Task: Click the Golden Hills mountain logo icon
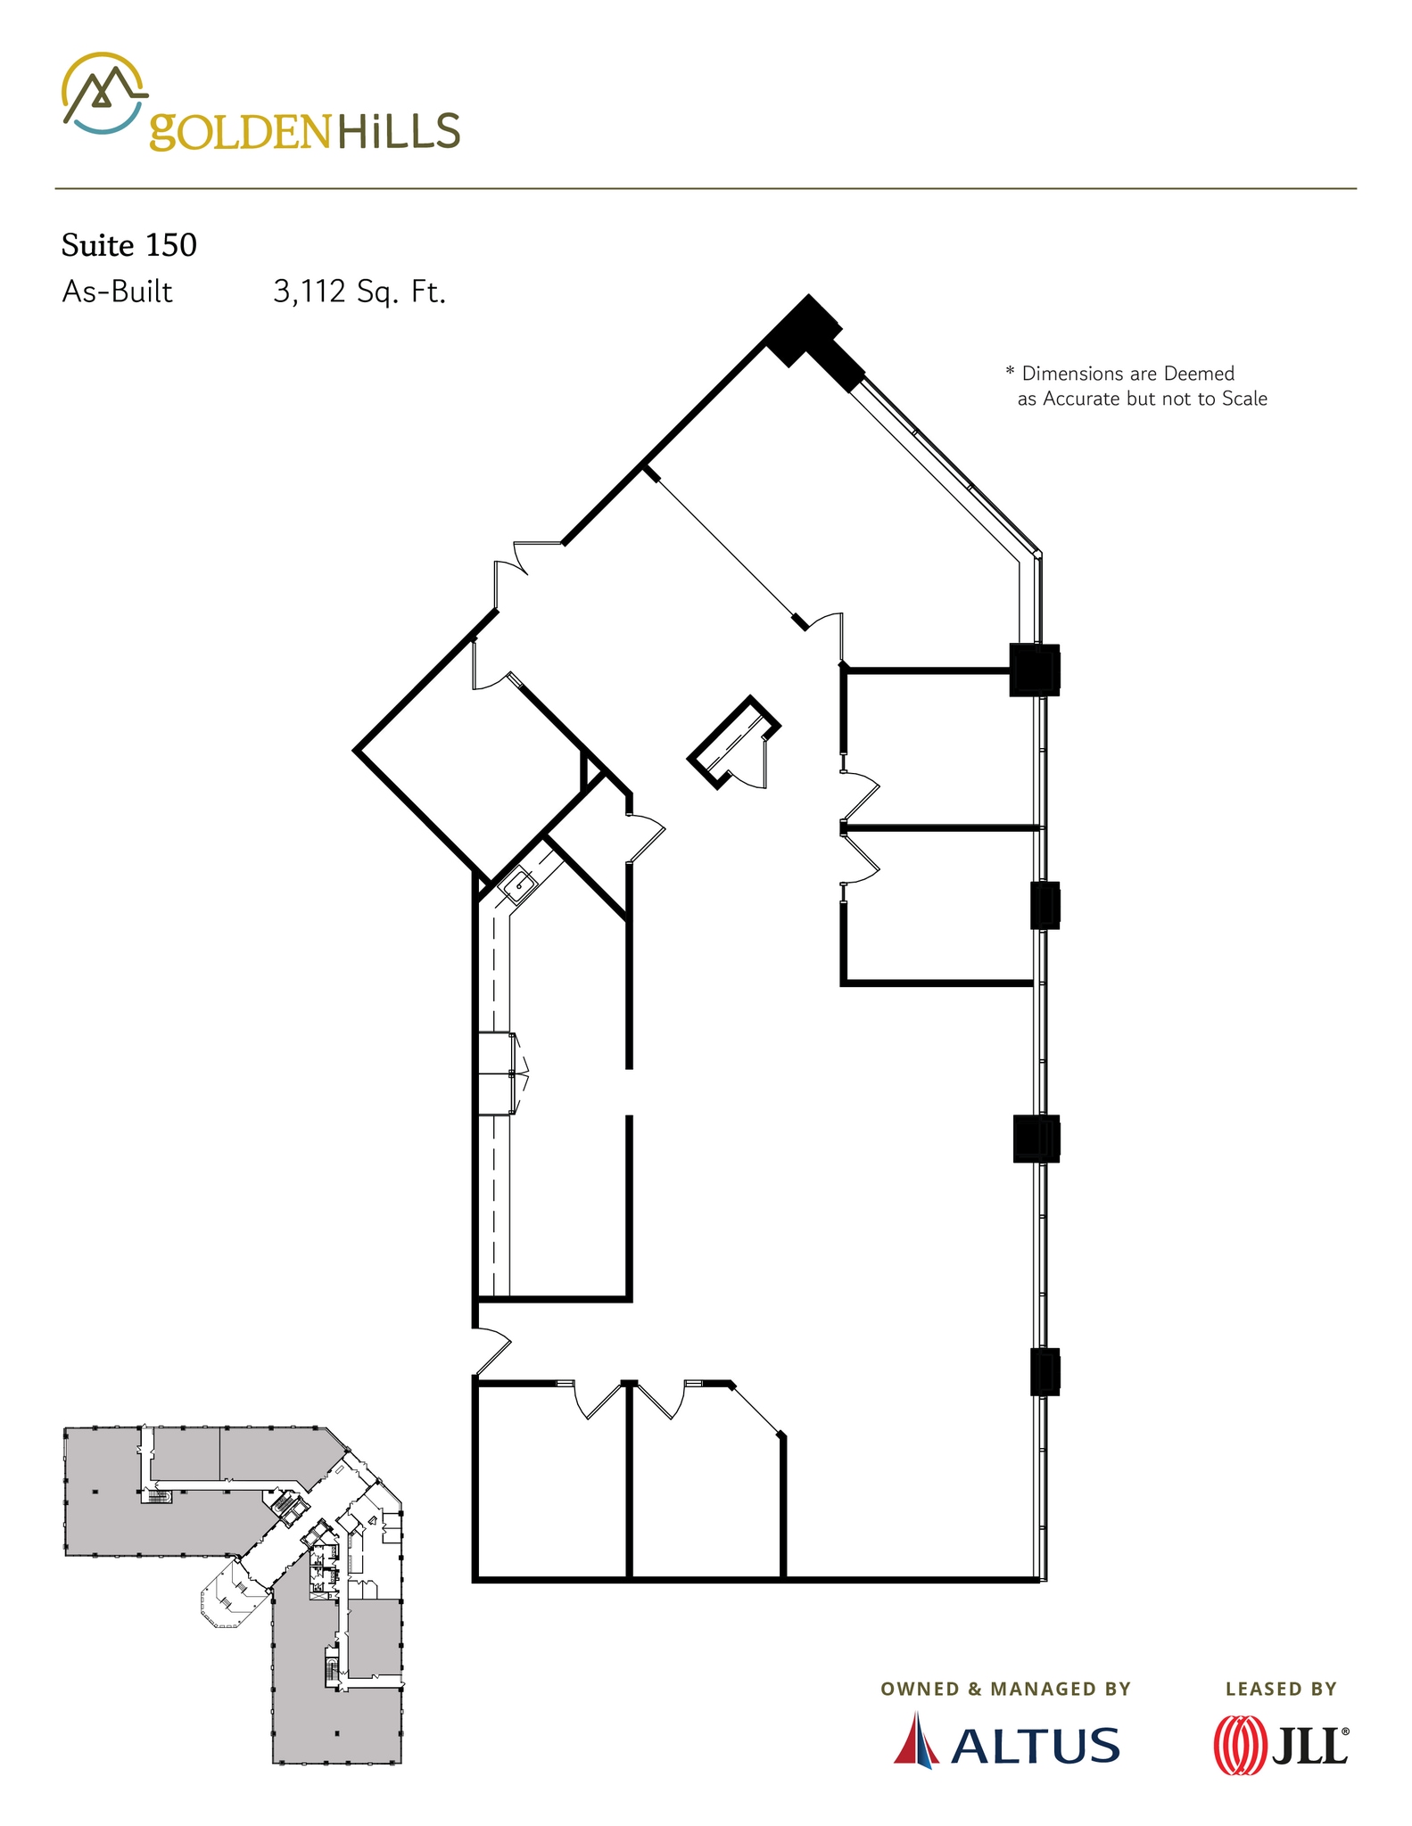(102, 93)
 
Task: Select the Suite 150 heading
(128, 245)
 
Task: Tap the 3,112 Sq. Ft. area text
(359, 292)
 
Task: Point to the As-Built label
(117, 292)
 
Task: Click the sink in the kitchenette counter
(518, 885)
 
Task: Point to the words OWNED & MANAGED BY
(1005, 1689)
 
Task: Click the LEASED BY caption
(1281, 1689)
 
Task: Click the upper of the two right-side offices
(937, 749)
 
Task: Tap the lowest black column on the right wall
(1045, 1371)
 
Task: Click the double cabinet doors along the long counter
(498, 1073)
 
